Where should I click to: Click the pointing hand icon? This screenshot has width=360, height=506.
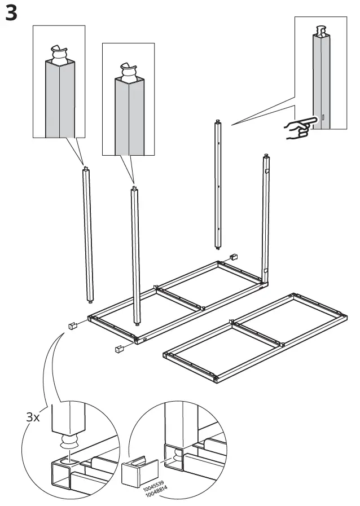[298, 129]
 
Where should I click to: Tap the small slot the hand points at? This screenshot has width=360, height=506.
[323, 118]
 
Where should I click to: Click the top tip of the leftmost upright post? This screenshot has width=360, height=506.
[85, 168]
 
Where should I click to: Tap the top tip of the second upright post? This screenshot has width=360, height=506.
[134, 188]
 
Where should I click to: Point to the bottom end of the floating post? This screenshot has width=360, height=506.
[217, 245]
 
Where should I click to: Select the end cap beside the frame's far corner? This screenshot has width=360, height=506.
[233, 257]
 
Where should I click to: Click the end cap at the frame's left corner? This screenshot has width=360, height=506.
[72, 325]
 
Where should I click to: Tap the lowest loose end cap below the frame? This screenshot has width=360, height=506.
[119, 349]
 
